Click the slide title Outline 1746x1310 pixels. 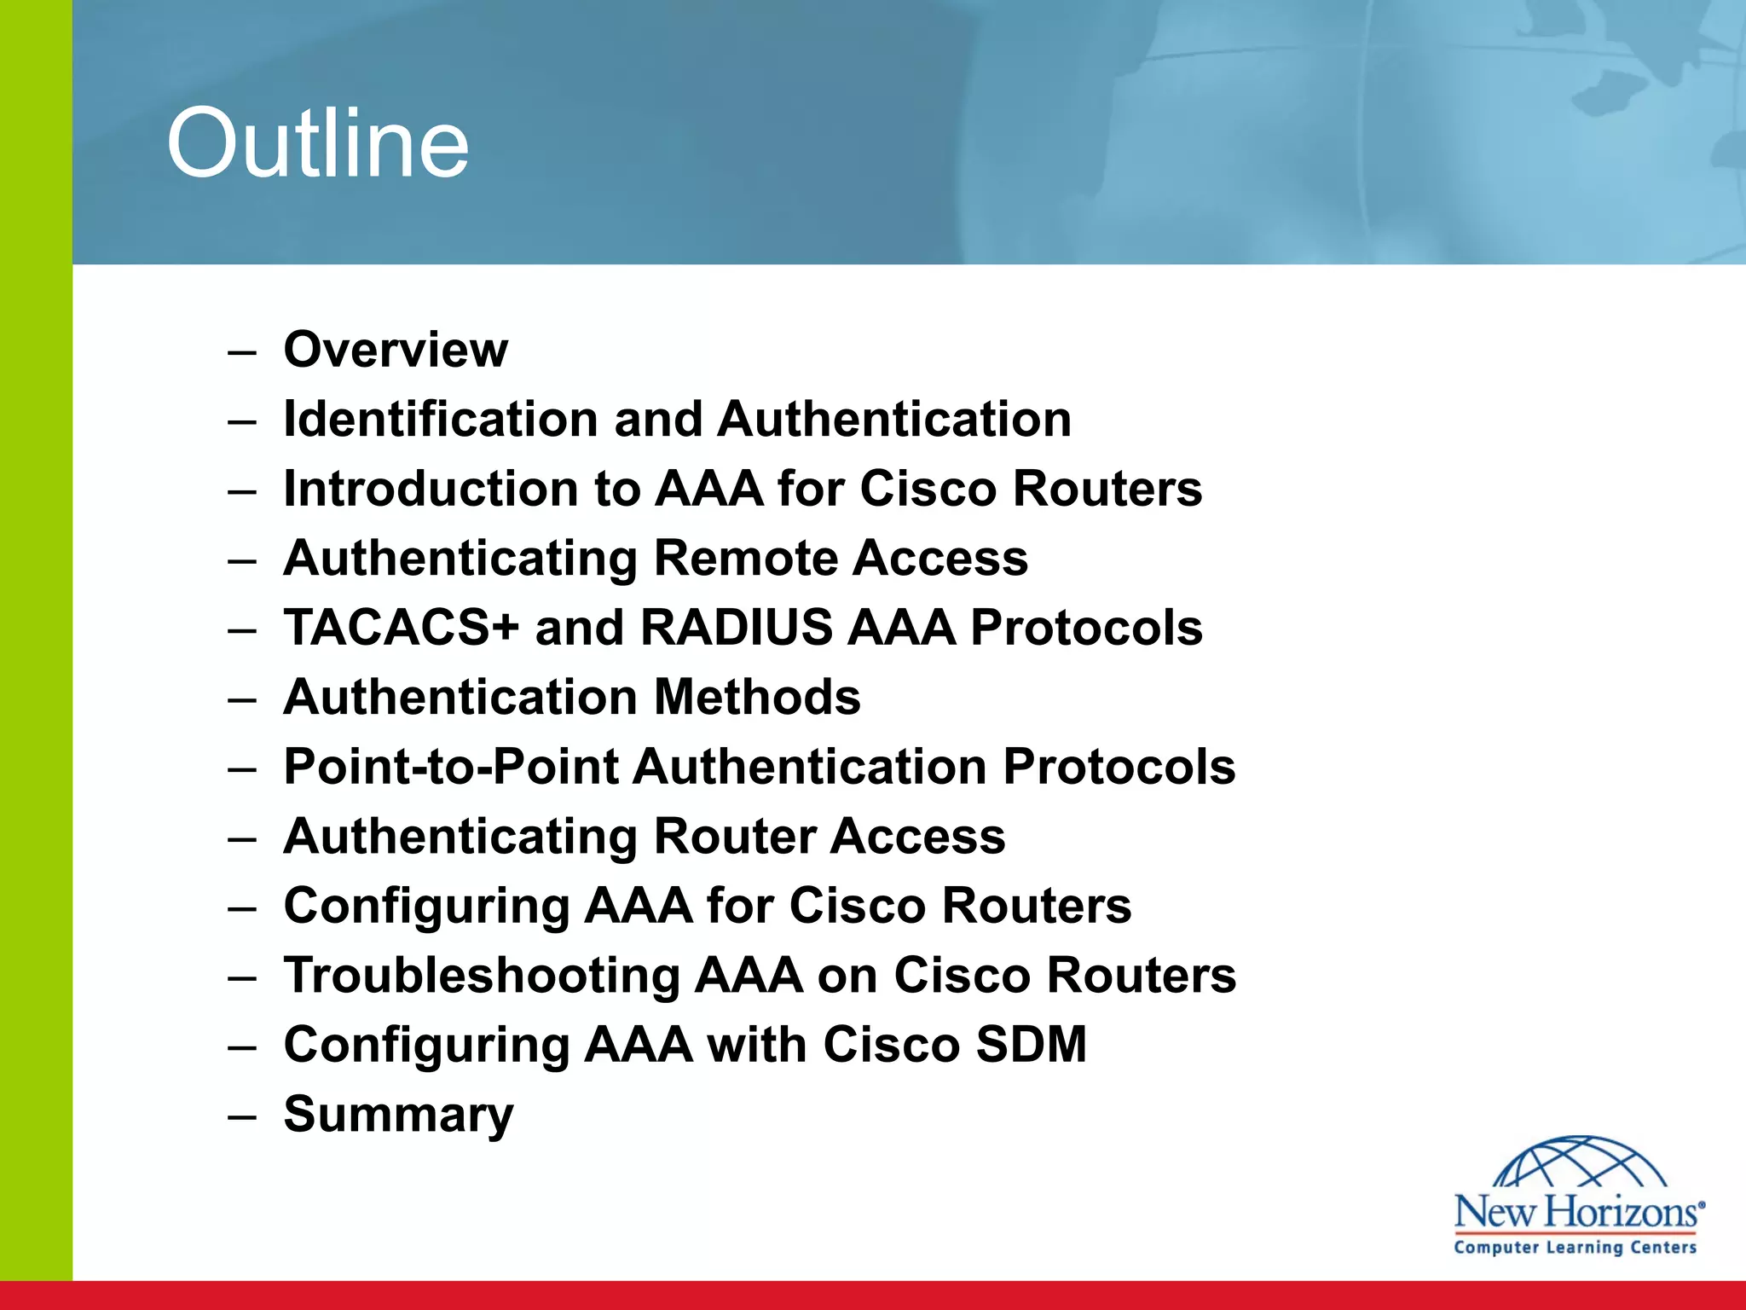click(x=317, y=143)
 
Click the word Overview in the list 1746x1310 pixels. click(x=396, y=350)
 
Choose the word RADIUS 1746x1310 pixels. click(x=736, y=628)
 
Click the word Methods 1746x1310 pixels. click(x=757, y=697)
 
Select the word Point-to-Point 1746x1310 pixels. click(x=451, y=767)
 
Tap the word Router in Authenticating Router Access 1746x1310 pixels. click(x=734, y=836)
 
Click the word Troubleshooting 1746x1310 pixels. click(x=481, y=975)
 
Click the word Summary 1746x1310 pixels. click(x=398, y=1114)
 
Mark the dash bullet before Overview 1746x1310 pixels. click(x=242, y=352)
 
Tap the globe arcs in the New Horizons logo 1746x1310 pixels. click(x=1581, y=1162)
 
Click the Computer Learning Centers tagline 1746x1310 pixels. click(x=1575, y=1248)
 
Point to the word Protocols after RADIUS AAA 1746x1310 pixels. click(x=1086, y=628)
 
